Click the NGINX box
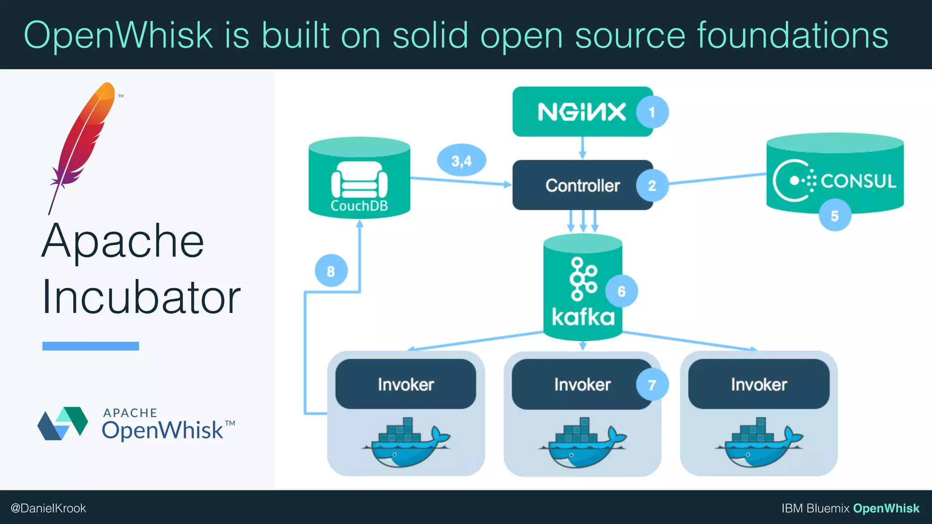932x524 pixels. (578, 112)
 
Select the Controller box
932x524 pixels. (578, 185)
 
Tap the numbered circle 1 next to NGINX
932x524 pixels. (652, 112)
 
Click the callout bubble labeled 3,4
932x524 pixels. (461, 161)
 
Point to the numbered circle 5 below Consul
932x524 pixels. (834, 216)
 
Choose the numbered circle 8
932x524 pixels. (331, 271)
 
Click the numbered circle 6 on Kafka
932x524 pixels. (621, 291)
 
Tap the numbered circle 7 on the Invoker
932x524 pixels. (652, 385)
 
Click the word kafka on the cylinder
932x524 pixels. (582, 317)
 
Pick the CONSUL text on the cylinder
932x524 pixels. (858, 181)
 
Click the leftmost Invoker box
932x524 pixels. (405, 384)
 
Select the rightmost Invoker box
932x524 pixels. (759, 384)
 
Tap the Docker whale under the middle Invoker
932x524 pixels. (582, 443)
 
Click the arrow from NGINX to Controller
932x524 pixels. (582, 148)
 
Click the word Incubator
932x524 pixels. (141, 297)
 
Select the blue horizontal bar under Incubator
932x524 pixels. (91, 346)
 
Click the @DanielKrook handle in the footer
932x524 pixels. (48, 508)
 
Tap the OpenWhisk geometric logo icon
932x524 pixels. (63, 423)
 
